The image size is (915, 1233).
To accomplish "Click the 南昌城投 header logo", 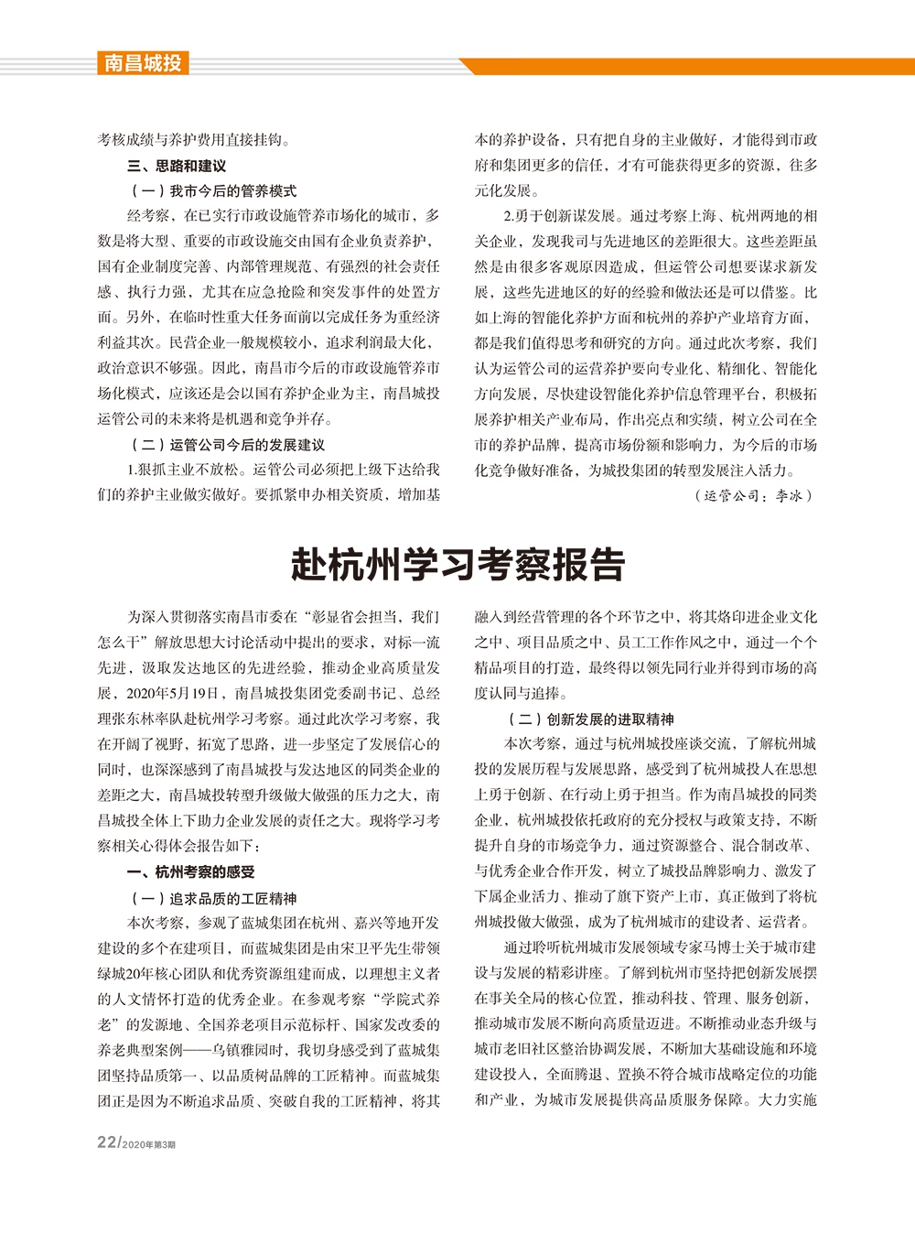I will (x=142, y=63).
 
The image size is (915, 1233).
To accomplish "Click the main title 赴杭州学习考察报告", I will (x=457, y=565).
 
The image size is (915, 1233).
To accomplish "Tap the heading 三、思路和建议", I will (x=176, y=166).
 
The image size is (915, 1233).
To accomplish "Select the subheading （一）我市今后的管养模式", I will (x=213, y=190).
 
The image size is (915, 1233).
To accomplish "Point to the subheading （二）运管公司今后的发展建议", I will (x=228, y=445).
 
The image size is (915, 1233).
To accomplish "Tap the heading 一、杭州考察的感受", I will (x=190, y=872).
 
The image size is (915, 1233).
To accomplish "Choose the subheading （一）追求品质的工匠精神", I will (x=213, y=898).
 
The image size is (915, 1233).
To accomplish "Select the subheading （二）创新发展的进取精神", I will (x=590, y=719).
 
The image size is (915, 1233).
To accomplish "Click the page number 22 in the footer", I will (x=107, y=1142).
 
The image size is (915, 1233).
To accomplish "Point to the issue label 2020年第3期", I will (x=148, y=1144).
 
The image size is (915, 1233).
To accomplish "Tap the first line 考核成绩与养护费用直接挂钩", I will (x=194, y=140).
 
